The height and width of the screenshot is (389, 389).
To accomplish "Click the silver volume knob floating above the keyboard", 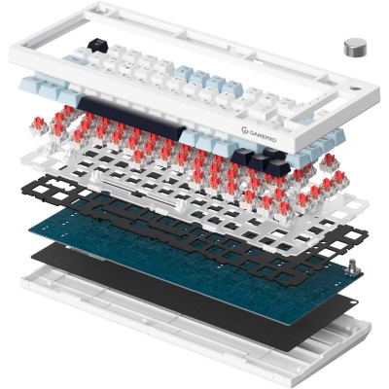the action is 354,48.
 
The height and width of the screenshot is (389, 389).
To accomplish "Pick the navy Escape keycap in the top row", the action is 97,45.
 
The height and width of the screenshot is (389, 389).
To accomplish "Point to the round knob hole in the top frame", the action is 355,88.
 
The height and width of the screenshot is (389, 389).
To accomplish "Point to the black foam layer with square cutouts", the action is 194,227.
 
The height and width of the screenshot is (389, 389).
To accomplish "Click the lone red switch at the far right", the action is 330,161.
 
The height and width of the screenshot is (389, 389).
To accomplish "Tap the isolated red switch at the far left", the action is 39,125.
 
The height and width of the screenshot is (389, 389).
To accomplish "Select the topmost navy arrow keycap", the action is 274,153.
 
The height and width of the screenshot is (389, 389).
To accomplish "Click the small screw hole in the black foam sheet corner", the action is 353,301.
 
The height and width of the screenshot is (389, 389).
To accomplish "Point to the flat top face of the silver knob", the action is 354,44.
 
